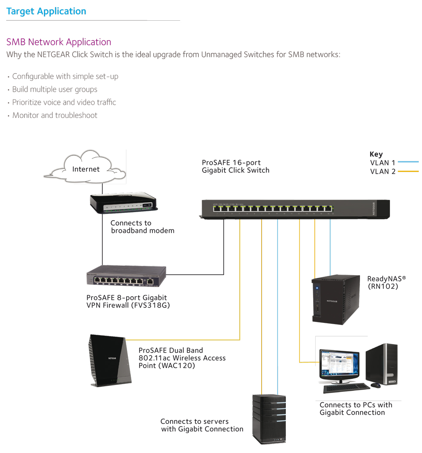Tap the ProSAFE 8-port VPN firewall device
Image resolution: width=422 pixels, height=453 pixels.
click(126, 277)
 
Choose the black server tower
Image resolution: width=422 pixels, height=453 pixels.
click(269, 418)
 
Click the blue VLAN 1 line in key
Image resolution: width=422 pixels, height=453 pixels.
click(408, 162)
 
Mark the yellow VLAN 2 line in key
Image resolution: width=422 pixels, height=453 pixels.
click(408, 172)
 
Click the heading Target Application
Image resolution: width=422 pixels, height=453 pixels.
click(46, 11)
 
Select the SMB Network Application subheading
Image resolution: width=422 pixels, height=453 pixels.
click(59, 42)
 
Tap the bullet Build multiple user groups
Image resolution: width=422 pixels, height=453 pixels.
click(54, 89)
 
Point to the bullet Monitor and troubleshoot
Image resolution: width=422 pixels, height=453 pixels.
click(54, 115)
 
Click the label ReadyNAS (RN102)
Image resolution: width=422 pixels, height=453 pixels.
click(386, 282)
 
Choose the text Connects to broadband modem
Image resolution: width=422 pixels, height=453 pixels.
click(142, 226)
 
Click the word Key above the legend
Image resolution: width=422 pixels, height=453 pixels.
click(376, 154)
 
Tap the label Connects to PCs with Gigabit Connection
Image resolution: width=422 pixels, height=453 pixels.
click(355, 409)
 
